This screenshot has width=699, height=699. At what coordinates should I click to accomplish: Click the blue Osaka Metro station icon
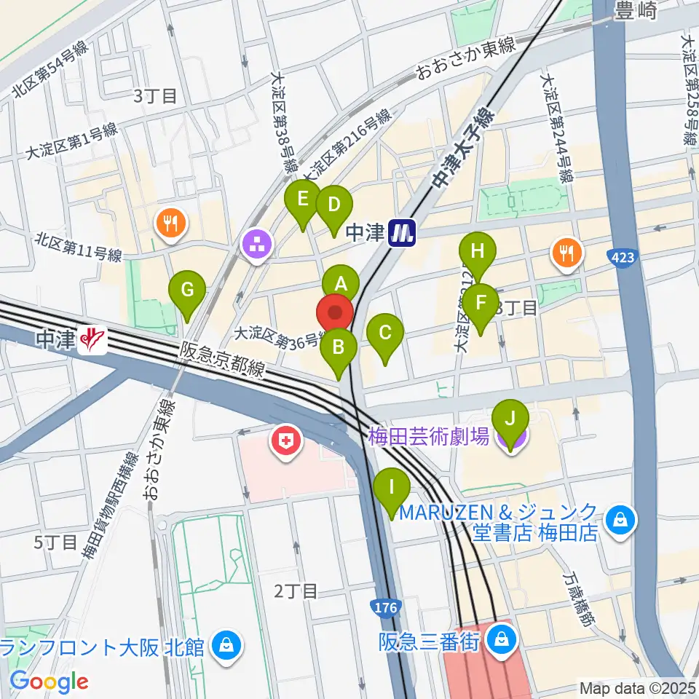(x=401, y=232)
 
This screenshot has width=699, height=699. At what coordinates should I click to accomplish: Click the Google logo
(x=50, y=682)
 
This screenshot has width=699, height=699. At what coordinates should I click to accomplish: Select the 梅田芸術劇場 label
(x=428, y=437)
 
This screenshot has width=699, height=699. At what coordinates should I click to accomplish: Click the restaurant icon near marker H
(x=566, y=252)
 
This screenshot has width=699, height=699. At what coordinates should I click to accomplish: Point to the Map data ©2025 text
(x=638, y=687)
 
